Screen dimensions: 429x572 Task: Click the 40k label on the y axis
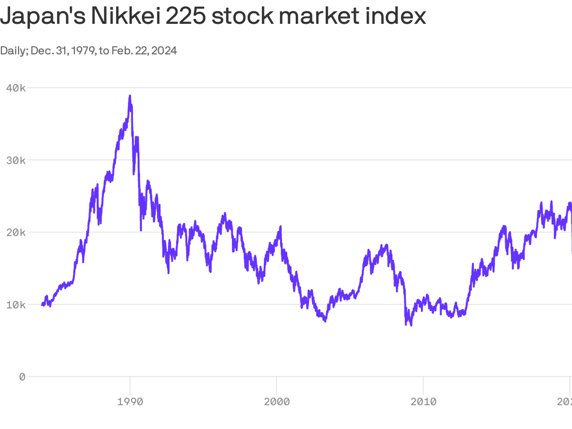(x=16, y=88)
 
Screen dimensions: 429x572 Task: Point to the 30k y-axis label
(x=16, y=160)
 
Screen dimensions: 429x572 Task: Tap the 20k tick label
(x=16, y=233)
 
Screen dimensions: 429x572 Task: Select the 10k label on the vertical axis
(x=16, y=305)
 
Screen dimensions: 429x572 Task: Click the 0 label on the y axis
(x=22, y=377)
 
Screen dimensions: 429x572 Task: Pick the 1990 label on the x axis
(x=130, y=402)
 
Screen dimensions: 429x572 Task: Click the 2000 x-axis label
(x=276, y=402)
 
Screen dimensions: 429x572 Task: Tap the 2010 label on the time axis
(x=423, y=402)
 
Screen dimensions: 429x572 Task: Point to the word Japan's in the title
(x=42, y=16)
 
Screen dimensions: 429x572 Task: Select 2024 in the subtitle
(x=164, y=51)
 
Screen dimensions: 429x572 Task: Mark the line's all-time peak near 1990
(x=130, y=96)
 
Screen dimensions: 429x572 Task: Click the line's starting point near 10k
(x=42, y=305)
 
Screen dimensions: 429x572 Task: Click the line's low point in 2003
(x=325, y=320)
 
